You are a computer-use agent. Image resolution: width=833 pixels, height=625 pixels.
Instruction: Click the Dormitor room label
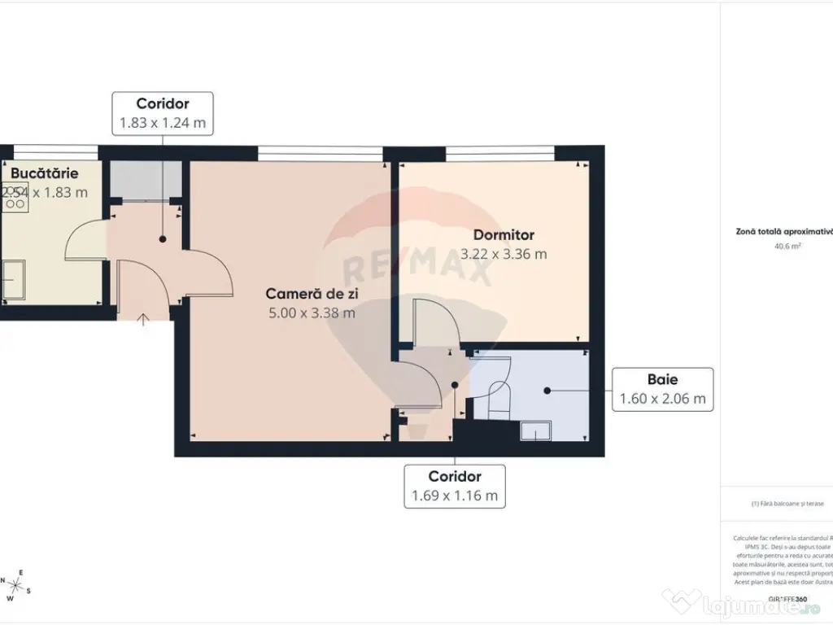tap(504, 235)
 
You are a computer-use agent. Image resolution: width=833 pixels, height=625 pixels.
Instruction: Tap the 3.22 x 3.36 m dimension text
tap(504, 254)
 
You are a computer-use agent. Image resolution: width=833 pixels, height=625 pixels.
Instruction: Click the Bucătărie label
tap(45, 173)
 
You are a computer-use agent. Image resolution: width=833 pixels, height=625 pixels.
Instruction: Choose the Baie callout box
tap(663, 389)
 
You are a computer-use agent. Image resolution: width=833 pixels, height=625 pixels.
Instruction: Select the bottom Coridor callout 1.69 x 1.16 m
tap(456, 486)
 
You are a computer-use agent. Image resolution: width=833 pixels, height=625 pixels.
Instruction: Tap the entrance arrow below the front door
tap(143, 319)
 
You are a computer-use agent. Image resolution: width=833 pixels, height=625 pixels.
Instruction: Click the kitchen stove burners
tap(14, 199)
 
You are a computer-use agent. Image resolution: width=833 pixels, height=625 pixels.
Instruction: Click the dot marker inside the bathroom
tap(547, 391)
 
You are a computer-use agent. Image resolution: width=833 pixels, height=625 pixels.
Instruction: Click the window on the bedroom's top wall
tap(500, 151)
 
